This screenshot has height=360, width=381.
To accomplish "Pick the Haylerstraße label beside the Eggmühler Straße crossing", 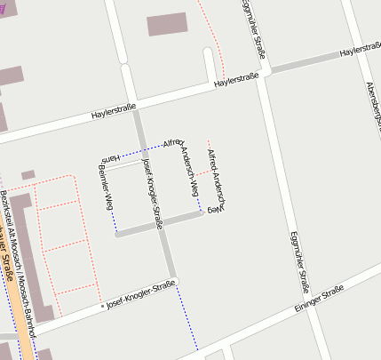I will coord(236,81).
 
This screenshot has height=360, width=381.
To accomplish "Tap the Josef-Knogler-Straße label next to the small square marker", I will coord(140,294).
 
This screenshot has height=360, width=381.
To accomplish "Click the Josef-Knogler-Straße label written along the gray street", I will coord(152,188).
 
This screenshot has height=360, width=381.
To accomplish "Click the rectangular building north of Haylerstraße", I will coord(167,24).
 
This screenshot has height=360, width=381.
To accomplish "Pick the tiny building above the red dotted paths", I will coord(28,175).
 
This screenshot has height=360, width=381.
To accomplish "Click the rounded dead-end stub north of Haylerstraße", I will coord(209,62).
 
